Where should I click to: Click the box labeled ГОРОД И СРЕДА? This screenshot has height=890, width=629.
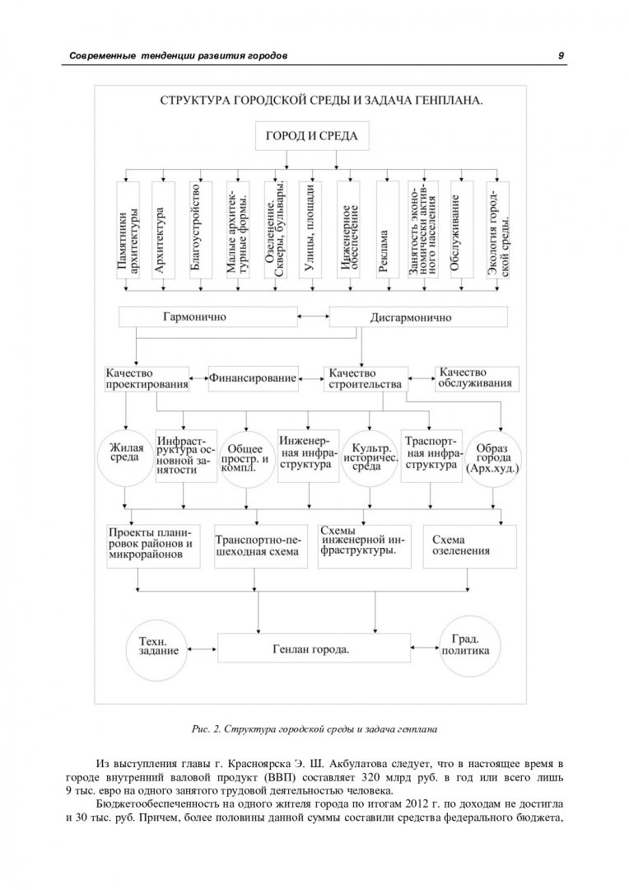click(x=312, y=136)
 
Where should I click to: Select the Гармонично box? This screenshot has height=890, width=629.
click(x=208, y=316)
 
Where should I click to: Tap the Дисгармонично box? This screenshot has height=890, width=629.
click(x=418, y=317)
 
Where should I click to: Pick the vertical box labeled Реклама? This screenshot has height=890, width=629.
click(x=384, y=230)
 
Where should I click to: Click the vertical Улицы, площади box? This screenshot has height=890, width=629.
click(x=310, y=230)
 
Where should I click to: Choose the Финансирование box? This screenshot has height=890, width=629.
click(x=253, y=378)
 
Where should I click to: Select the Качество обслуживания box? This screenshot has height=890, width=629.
click(x=477, y=378)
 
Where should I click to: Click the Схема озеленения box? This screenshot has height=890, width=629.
click(x=469, y=546)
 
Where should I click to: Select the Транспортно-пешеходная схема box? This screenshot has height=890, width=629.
click(x=261, y=546)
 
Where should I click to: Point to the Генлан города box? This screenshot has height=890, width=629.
click(x=314, y=649)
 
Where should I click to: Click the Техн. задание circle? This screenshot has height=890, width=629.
click(x=158, y=649)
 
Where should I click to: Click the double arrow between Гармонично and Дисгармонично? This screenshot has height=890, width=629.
click(x=314, y=316)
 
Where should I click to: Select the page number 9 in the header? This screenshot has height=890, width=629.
click(x=561, y=56)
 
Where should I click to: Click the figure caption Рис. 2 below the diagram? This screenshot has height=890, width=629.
click(x=314, y=728)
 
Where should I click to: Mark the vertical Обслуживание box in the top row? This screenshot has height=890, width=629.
click(x=462, y=230)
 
